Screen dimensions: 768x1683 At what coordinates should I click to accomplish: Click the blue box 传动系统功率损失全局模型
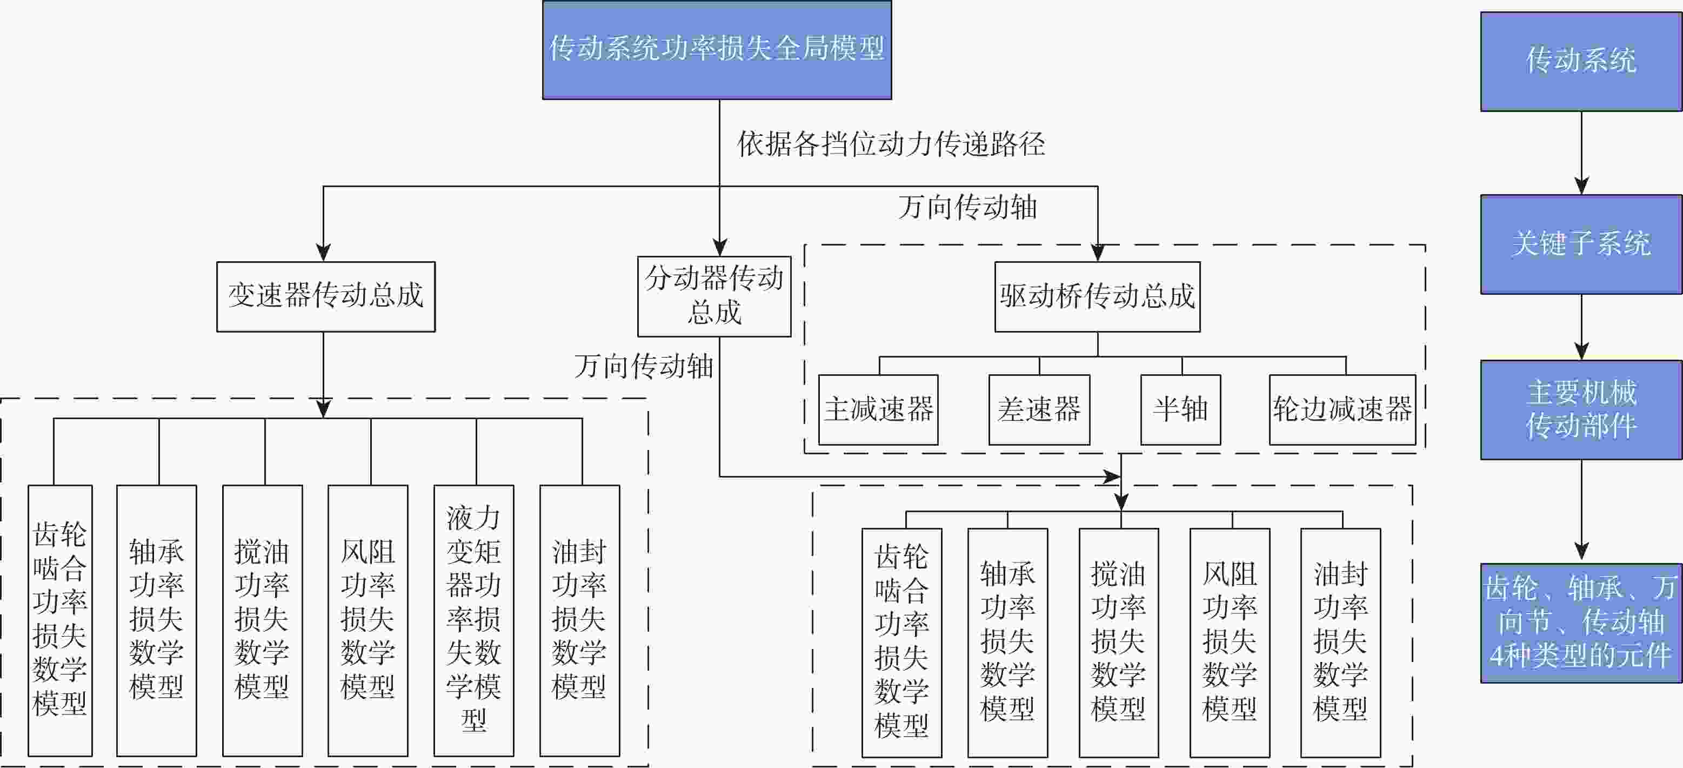coord(717,50)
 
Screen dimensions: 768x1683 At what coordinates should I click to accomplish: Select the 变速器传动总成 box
coord(325,296)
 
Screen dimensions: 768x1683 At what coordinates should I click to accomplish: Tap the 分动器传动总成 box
coord(714,295)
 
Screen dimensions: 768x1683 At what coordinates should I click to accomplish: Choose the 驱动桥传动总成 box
coord(1097,296)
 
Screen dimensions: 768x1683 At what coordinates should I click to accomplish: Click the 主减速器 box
coord(878,410)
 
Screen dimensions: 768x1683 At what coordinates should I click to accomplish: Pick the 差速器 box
coord(1039,410)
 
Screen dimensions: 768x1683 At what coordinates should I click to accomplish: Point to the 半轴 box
coord(1180,410)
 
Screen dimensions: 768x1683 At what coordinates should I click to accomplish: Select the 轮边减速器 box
coord(1342,410)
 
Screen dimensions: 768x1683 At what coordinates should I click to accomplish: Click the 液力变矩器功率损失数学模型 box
coord(473,620)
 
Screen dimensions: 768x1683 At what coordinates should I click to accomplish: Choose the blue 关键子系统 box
coord(1581,244)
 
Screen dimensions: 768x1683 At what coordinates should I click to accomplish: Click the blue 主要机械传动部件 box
coord(1581,410)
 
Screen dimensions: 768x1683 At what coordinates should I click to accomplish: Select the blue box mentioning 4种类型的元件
coord(1581,623)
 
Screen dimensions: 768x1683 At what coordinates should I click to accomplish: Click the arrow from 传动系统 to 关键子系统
coord(1581,153)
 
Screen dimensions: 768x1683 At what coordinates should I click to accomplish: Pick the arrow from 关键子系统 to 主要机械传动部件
coord(1581,327)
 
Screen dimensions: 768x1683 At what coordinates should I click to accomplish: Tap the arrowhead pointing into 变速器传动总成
coord(323,252)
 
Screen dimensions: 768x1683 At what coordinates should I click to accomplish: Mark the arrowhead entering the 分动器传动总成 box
coord(719,247)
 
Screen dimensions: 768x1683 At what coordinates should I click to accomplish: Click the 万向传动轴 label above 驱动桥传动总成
coord(967,208)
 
